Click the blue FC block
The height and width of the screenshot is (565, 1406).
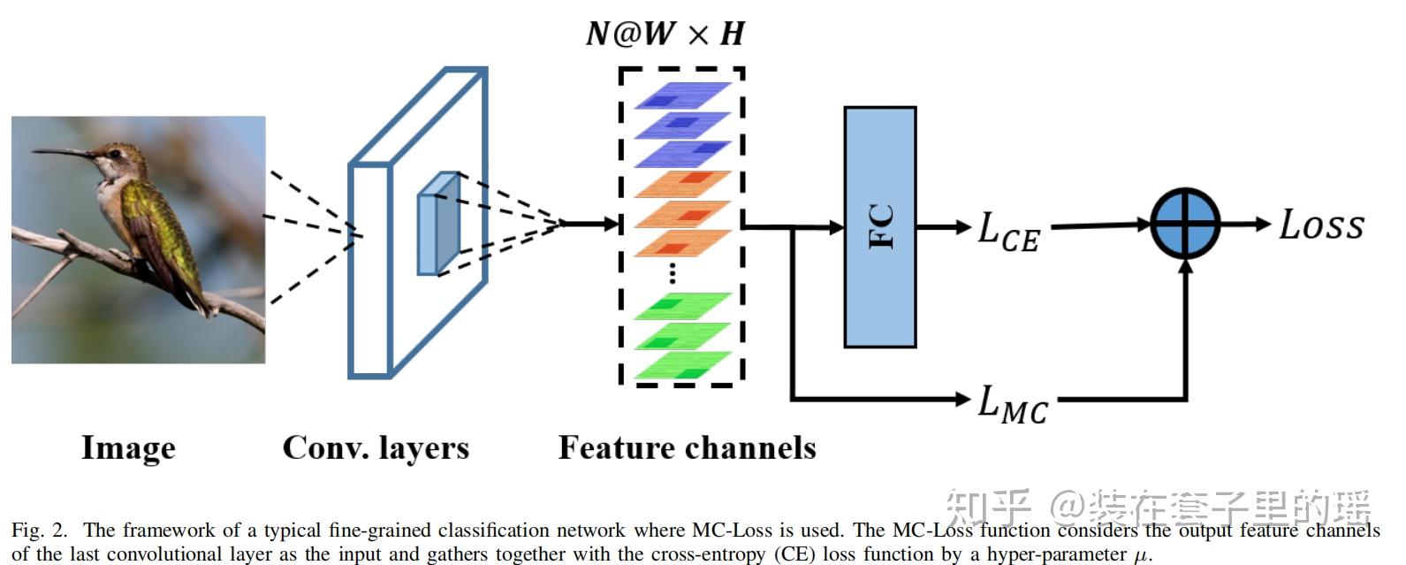tap(879, 227)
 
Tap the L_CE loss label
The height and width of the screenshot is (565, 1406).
tap(1008, 231)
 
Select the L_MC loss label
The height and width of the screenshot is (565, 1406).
tap(1012, 404)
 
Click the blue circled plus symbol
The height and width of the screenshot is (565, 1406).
tap(1185, 224)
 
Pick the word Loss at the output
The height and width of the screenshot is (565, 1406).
tap(1321, 225)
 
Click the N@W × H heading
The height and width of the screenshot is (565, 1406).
tap(665, 34)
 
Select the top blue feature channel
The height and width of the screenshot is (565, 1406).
tap(682, 95)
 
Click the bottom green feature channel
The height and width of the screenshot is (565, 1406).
tap(682, 364)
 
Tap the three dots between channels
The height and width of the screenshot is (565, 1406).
tap(673, 272)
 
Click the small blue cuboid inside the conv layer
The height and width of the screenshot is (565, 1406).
tap(438, 224)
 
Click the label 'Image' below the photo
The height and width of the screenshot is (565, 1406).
tap(128, 447)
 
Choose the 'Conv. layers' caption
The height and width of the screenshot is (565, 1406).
tap(376, 447)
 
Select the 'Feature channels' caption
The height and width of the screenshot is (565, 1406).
tap(687, 447)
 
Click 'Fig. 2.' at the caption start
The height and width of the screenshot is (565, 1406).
tap(39, 531)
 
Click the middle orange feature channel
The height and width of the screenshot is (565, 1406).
tap(682, 214)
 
